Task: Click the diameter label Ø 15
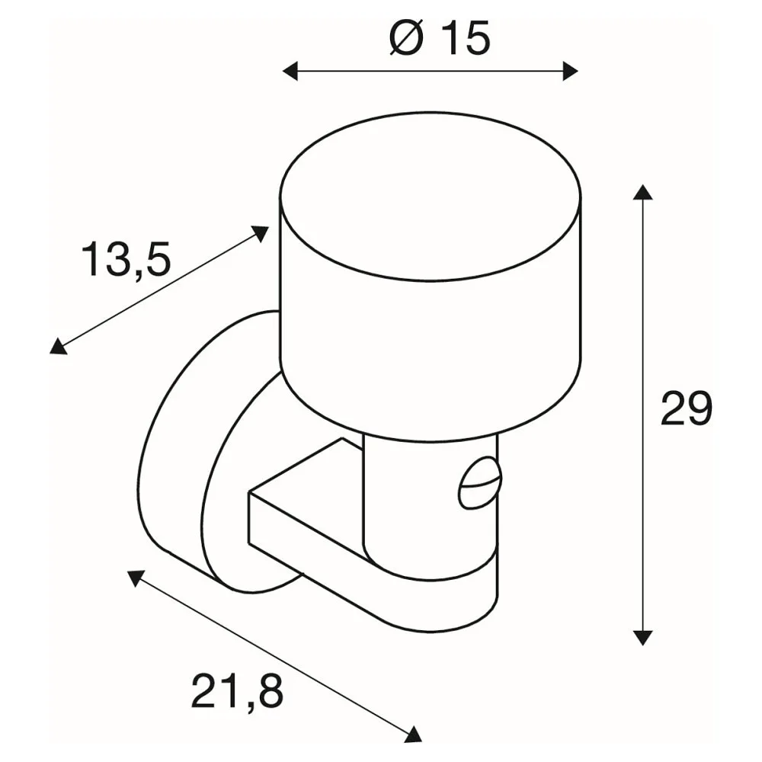440,39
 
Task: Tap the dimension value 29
686,408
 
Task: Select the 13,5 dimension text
126,261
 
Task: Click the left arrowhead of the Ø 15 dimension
290,72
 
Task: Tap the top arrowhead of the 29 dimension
642,192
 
